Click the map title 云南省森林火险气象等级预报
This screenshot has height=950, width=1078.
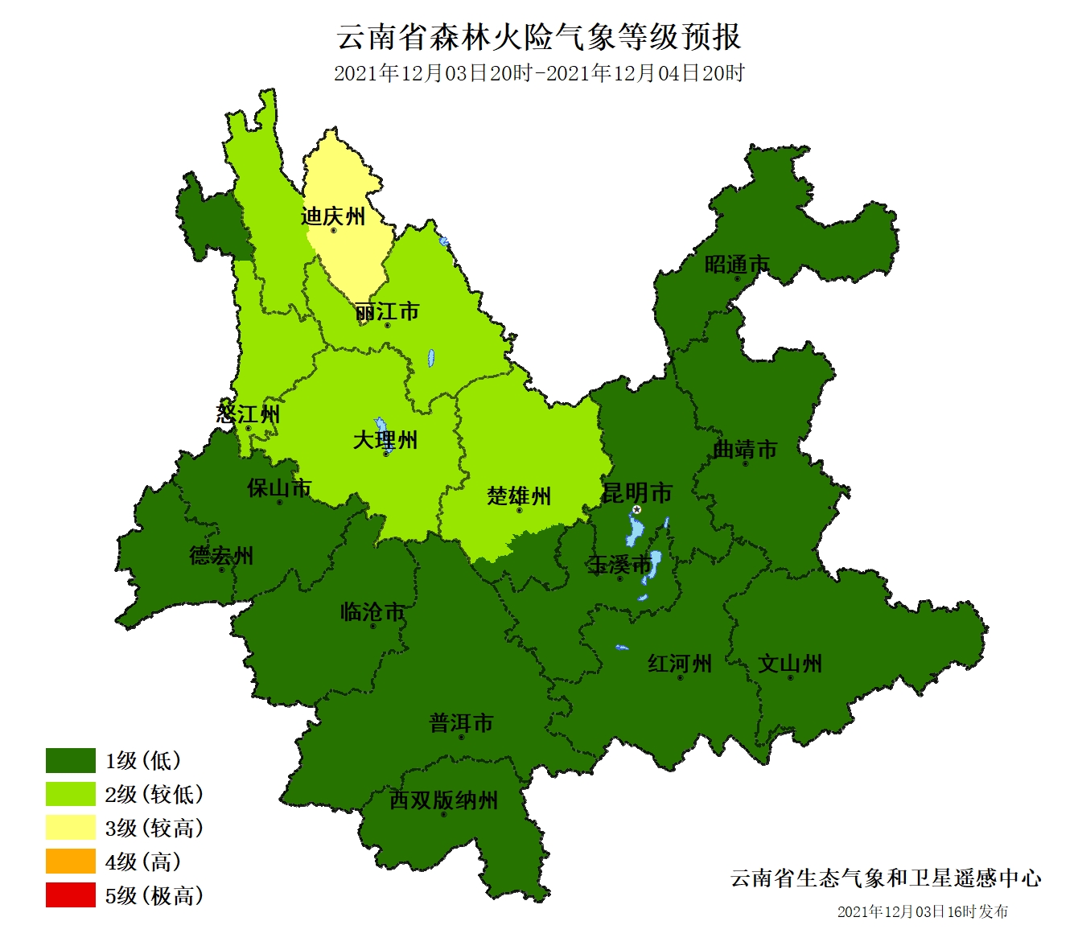tap(538, 37)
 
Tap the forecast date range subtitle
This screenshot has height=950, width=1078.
tap(538, 73)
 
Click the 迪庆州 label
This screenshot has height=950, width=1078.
tap(332, 216)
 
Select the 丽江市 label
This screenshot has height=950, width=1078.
tap(387, 311)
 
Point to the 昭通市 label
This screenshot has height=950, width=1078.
tap(736, 265)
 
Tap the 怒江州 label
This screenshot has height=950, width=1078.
tap(248, 414)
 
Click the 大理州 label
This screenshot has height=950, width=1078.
tap(385, 440)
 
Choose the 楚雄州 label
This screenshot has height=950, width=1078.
tap(519, 496)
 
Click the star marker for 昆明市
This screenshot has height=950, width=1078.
tap(637, 509)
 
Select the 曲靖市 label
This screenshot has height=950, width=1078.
tap(745, 449)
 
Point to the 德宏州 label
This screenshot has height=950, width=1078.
tap(221, 555)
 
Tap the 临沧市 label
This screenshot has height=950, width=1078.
tap(372, 612)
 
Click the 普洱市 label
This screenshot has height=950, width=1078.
tap(461, 723)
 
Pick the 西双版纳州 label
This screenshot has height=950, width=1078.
tap(443, 800)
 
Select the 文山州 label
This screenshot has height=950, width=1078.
tap(790, 664)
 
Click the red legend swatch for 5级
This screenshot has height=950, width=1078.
tap(71, 895)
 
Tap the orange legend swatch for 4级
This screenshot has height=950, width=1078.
tap(71, 862)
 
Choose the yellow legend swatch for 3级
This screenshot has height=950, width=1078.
tap(71, 828)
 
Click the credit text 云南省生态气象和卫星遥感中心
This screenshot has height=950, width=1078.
tap(886, 878)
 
